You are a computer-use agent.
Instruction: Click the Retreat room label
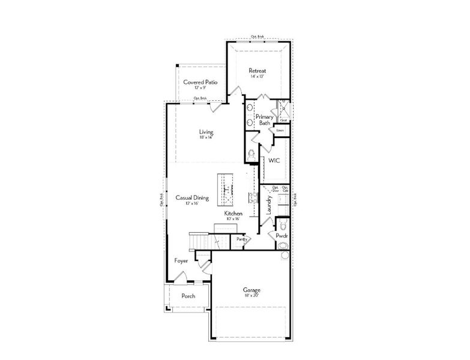[258, 71]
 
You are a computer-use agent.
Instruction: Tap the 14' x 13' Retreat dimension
[258, 77]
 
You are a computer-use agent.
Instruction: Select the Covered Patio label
[200, 82]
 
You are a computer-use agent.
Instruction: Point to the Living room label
[206, 132]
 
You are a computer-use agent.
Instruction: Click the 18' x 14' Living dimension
[206, 138]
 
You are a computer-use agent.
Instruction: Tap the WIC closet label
[274, 161]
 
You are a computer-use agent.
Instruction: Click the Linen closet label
[280, 130]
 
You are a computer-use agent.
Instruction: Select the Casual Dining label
[192, 197]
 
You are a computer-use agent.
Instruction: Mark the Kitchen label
[233, 214]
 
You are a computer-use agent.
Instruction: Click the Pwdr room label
[282, 236]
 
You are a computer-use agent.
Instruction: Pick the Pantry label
[242, 239]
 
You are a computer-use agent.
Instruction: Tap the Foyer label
[181, 261]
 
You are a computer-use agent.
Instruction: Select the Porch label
[189, 296]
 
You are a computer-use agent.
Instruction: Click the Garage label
[252, 290]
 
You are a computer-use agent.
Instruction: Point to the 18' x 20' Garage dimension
[252, 296]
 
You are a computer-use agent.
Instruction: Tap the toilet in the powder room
[283, 226]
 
